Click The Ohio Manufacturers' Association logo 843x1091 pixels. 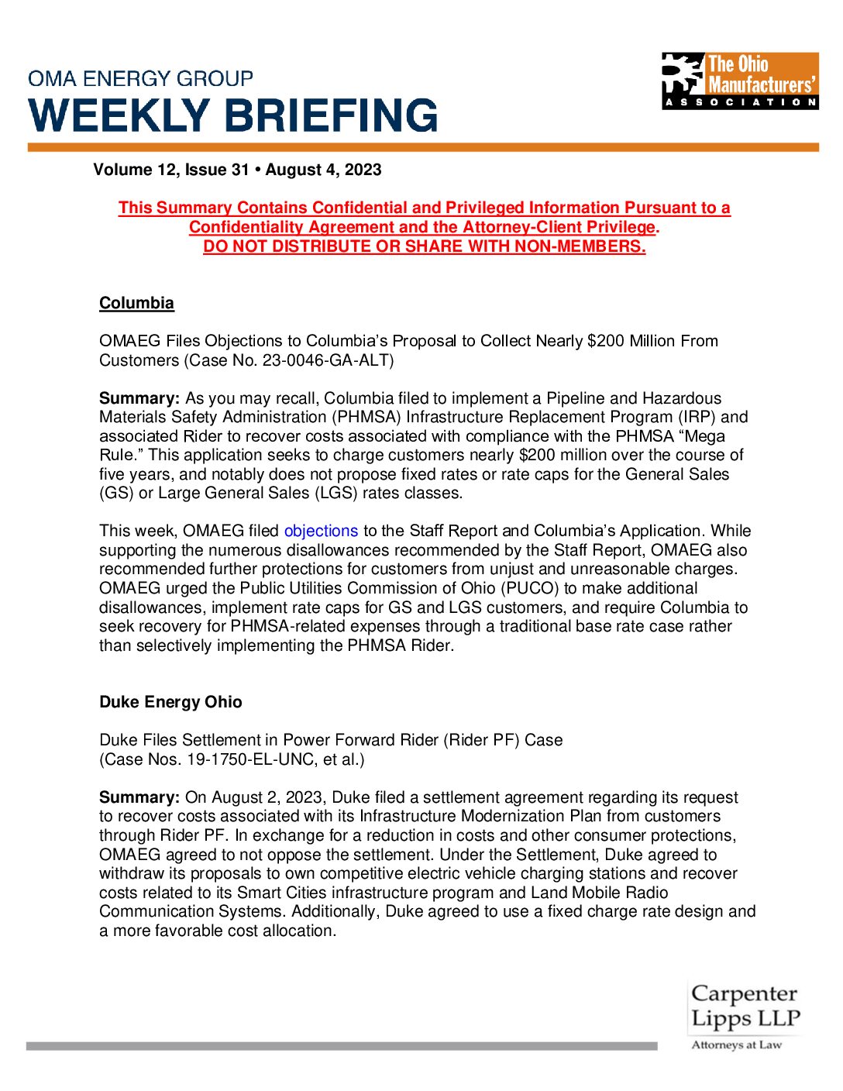pos(740,81)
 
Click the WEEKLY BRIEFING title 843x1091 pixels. pos(233,115)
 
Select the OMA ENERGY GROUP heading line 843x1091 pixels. pos(140,79)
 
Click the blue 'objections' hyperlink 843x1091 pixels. pos(321,531)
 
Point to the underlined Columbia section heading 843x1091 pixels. pos(136,303)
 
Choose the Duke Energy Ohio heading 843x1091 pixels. pos(170,702)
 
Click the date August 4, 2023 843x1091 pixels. pos(323,170)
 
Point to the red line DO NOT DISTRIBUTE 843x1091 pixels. pos(424,246)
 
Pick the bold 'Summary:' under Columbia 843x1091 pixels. pos(139,398)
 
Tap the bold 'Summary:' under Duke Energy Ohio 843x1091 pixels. pos(139,797)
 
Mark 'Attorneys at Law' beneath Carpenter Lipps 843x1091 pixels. pos(736,1045)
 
